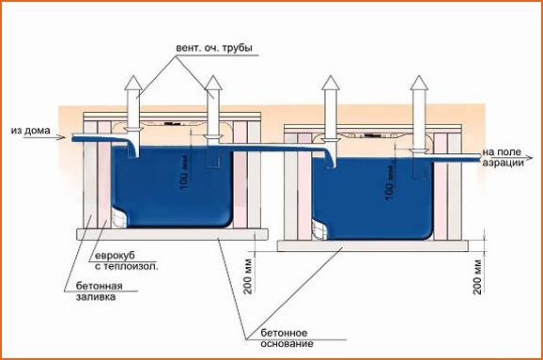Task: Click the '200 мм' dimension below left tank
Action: click(x=247, y=273)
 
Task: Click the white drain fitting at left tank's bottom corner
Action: click(x=116, y=217)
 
